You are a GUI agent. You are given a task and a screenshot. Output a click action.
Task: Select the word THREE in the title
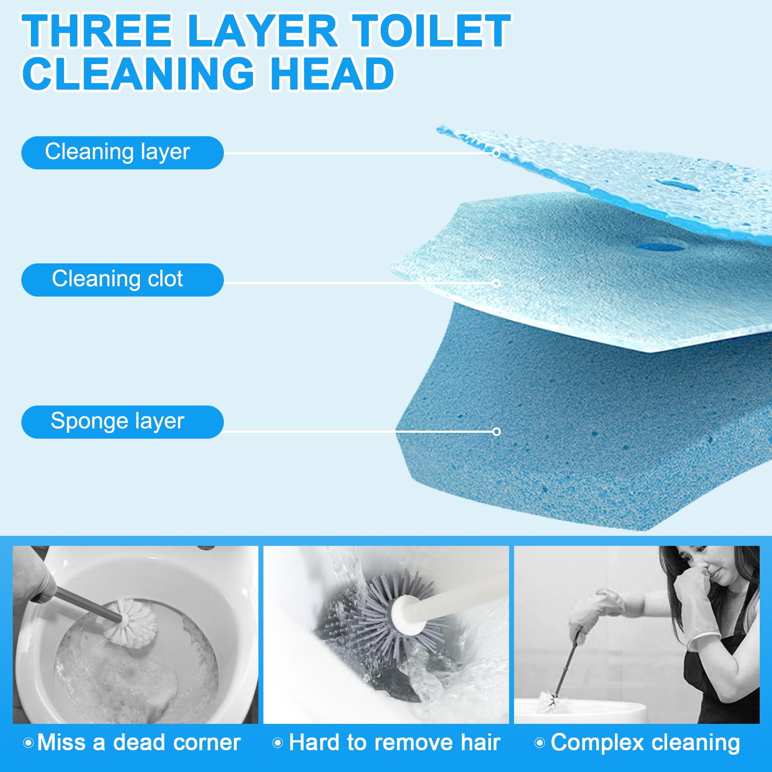[x=97, y=30]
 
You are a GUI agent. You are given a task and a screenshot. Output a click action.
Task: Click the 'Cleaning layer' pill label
[x=122, y=153]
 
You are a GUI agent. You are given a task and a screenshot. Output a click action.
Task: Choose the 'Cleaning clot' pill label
[x=122, y=280]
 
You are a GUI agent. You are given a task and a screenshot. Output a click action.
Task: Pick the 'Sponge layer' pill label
[x=122, y=422]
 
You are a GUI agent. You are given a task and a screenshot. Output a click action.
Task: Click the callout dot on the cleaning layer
[x=496, y=153]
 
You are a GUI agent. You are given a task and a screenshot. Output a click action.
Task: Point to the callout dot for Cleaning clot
[x=496, y=283]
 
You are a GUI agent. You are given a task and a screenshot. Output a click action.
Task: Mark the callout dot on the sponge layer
[x=496, y=431]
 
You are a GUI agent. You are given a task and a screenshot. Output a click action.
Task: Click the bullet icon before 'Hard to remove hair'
[x=277, y=743]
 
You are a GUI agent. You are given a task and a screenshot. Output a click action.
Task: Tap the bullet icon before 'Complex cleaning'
[x=539, y=743]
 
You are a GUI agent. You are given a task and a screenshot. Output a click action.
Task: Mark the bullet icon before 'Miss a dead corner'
[x=28, y=743]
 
